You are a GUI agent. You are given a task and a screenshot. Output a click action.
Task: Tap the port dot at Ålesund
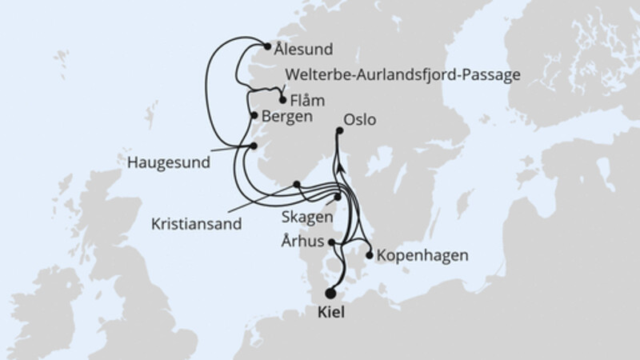267,46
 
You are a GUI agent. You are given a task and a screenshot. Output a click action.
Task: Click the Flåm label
308,102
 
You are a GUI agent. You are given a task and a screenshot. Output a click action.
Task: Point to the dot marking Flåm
282,100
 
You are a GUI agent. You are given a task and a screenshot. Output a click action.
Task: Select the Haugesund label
168,162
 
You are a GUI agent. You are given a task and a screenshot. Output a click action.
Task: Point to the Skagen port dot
338,197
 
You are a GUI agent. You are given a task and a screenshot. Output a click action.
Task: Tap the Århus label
305,240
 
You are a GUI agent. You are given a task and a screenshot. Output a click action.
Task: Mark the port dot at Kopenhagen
369,256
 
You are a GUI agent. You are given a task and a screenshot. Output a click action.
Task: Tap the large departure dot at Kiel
331,293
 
